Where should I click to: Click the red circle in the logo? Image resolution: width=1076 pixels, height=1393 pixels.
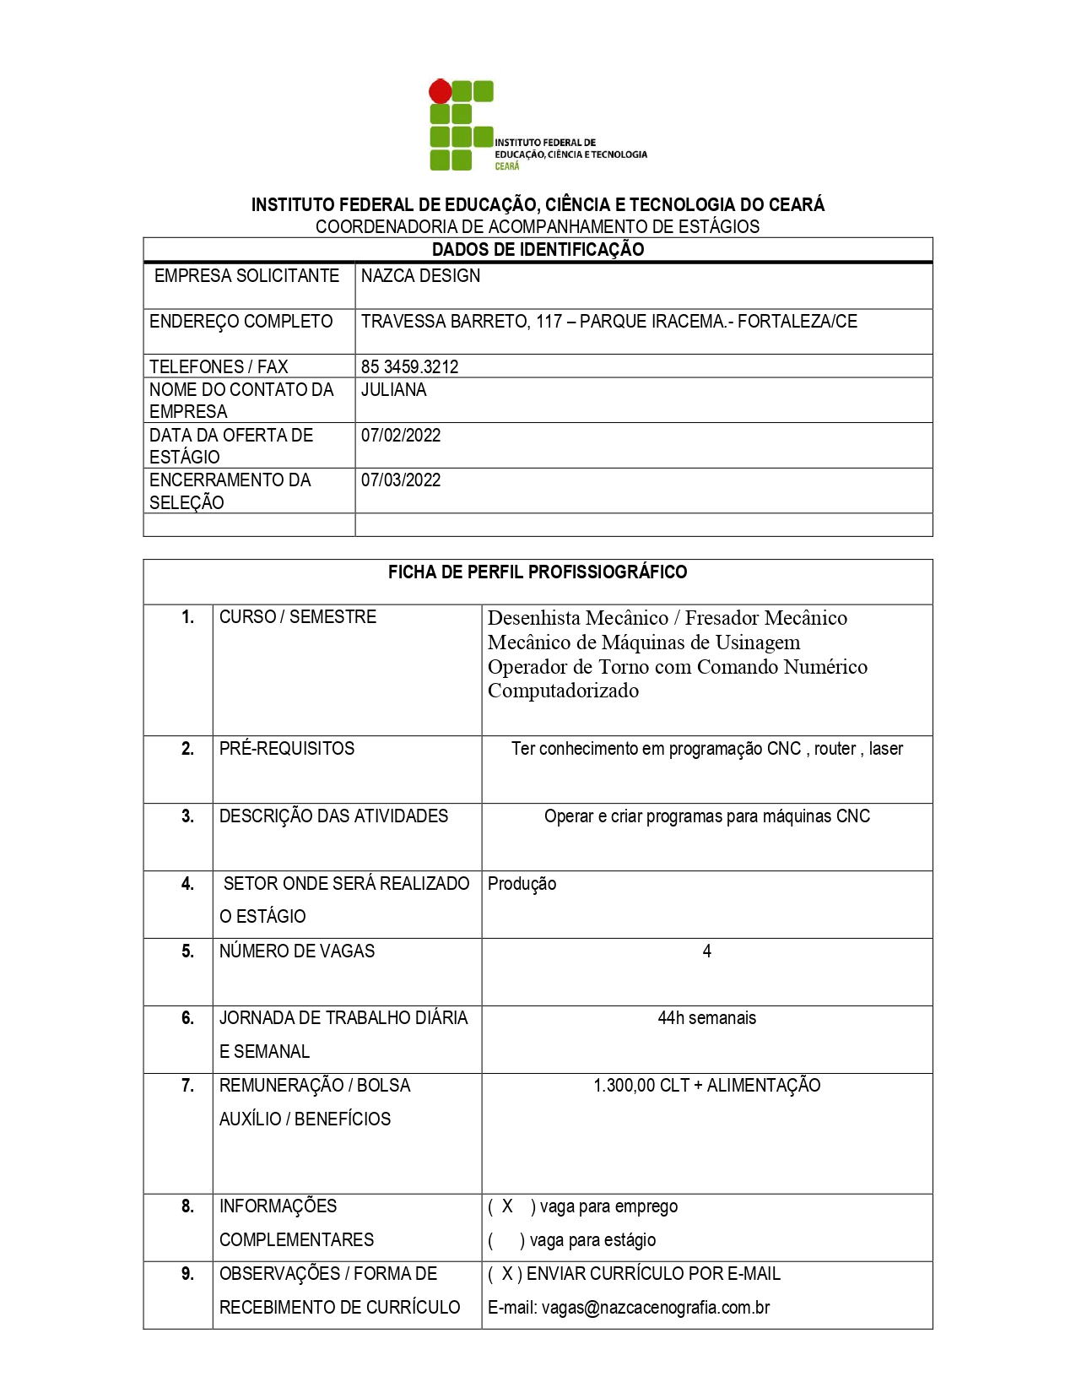click(440, 90)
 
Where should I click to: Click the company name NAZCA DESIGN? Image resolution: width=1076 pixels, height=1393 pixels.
click(420, 276)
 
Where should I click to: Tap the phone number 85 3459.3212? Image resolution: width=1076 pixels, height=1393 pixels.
click(409, 366)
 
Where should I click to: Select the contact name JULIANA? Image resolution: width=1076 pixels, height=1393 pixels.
click(393, 390)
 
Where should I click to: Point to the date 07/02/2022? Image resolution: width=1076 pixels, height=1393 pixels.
click(401, 436)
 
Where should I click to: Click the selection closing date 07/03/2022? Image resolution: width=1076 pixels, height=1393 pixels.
click(401, 480)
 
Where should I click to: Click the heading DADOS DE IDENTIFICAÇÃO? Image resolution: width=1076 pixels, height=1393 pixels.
click(538, 250)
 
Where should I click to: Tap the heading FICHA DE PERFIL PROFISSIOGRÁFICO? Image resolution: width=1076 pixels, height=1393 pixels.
click(538, 572)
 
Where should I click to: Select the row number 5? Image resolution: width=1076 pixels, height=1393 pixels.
click(187, 951)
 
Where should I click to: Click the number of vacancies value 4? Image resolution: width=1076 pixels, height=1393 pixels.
click(706, 951)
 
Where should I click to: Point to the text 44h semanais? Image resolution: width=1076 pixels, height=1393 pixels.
click(706, 1018)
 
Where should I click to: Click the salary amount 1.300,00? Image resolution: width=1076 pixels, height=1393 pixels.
click(625, 1086)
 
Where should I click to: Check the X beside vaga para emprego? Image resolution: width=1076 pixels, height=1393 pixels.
click(507, 1206)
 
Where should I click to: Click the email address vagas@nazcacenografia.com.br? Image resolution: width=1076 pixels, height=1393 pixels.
click(656, 1308)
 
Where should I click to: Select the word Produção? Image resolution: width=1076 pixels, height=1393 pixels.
click(522, 884)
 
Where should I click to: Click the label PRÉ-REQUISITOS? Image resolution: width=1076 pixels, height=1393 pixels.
click(287, 749)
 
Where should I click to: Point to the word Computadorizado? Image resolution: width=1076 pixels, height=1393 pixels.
click(563, 691)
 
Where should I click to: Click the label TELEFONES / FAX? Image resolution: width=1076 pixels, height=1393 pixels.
click(219, 366)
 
